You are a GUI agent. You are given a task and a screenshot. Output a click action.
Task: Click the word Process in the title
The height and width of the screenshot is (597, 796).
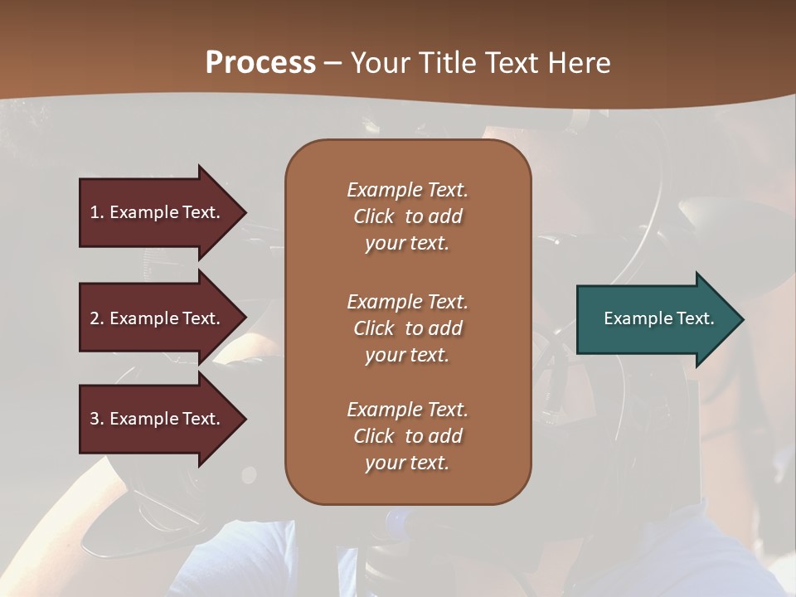click(x=260, y=63)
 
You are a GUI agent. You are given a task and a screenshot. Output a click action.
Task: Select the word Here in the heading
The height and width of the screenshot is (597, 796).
click(x=577, y=63)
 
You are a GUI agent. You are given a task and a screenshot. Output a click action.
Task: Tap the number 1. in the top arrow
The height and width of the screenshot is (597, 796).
click(x=97, y=212)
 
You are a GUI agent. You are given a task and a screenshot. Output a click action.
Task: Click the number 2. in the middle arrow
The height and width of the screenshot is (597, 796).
click(x=97, y=318)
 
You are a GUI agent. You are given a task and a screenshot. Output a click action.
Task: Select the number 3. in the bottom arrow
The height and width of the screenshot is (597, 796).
click(x=97, y=419)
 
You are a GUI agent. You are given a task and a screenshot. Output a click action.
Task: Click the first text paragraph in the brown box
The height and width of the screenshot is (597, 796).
click(x=407, y=216)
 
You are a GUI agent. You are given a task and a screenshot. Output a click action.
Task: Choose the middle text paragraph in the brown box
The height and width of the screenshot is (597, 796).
click(x=407, y=328)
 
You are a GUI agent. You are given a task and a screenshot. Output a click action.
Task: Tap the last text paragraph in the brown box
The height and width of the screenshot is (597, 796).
click(x=407, y=436)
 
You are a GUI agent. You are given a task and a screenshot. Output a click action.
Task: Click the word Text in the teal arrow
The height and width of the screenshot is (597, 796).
click(x=696, y=318)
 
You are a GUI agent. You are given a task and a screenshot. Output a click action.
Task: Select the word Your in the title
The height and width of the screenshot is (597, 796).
click(x=380, y=63)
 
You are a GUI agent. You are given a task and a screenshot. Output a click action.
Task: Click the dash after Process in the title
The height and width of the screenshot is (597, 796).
click(x=332, y=64)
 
